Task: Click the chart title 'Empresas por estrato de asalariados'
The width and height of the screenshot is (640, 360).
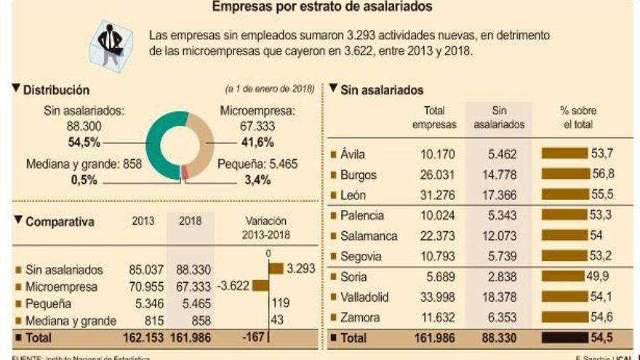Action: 322,7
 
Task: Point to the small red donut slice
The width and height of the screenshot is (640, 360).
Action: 185,172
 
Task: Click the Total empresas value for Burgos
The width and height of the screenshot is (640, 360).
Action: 439,175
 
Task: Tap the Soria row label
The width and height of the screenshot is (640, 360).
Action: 356,277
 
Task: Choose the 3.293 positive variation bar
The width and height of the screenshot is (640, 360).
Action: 276,268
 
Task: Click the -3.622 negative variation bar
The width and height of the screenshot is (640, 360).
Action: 260,286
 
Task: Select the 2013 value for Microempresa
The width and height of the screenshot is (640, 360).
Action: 140,287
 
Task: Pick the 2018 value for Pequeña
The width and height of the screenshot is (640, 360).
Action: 193,304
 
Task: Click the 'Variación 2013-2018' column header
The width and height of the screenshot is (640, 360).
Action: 265,228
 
